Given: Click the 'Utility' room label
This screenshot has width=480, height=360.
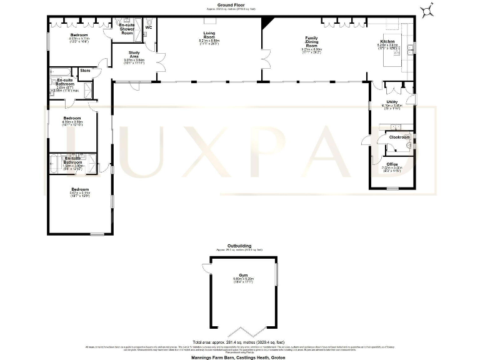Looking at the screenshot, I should point(392,102).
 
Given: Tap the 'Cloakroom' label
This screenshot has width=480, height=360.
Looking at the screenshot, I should point(399,136).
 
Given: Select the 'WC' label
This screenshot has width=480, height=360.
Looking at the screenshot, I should point(149,28).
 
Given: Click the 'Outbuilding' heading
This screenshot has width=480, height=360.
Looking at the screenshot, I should point(239,246).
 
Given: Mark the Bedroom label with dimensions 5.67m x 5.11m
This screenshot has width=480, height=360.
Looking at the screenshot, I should point(79,191).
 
